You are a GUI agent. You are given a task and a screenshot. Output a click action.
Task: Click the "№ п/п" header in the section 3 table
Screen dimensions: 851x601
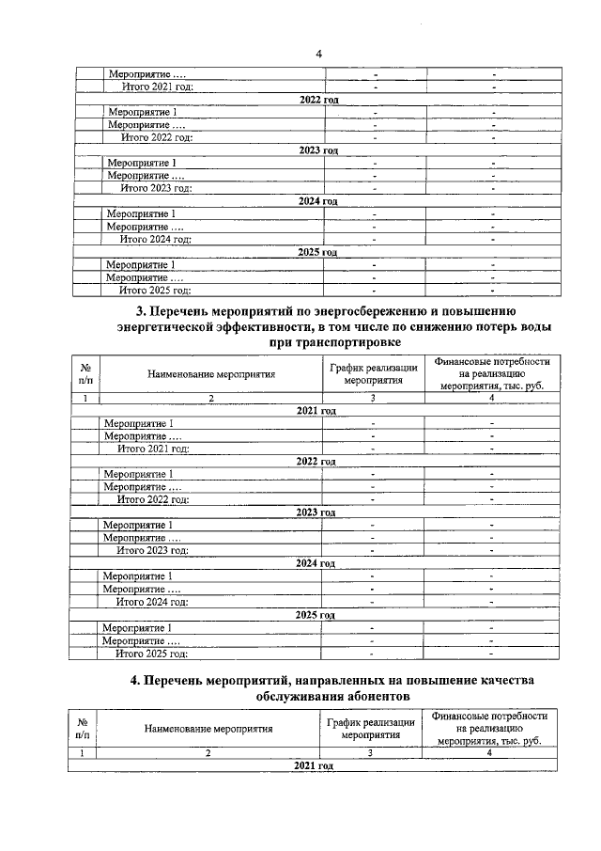(85, 373)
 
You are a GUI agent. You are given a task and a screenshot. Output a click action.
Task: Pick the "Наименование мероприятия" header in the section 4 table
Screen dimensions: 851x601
(208, 728)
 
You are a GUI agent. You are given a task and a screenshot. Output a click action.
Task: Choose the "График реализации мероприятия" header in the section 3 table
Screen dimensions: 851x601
(373, 373)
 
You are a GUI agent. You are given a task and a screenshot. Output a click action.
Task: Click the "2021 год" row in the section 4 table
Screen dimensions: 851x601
(314, 767)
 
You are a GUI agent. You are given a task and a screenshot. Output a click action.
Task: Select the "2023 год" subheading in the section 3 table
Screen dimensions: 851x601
(316, 512)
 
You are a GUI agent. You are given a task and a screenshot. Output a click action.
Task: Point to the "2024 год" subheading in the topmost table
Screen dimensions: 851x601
(317, 201)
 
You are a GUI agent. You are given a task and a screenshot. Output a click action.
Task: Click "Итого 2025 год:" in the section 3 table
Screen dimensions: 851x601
(151, 653)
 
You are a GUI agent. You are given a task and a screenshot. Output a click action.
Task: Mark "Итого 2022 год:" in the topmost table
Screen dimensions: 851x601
(157, 137)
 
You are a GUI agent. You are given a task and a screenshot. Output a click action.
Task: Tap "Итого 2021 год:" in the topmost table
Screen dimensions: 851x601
(158, 87)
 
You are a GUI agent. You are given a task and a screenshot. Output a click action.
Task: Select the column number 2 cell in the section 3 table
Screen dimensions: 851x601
(211, 399)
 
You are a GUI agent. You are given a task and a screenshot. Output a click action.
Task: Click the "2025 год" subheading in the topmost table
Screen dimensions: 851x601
(317, 252)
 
